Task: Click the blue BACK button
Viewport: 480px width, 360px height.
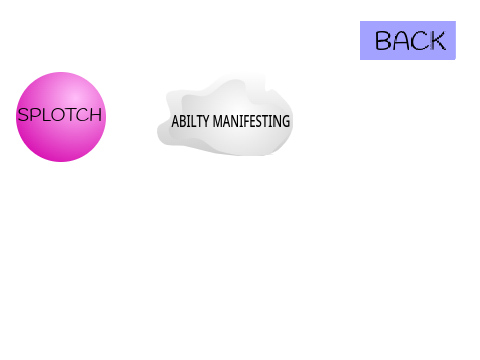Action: tap(408, 40)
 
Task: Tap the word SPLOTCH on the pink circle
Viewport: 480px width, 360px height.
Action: tap(60, 115)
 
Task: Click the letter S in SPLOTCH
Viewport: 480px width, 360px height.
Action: tap(23, 115)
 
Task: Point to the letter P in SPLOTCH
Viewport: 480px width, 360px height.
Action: tap(36, 115)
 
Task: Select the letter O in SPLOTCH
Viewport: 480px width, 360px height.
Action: tap(59, 115)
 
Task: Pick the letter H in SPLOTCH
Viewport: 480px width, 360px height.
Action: tap(96, 115)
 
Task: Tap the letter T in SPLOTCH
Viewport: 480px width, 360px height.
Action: tap(72, 115)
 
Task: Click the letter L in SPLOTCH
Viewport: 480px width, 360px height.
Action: tap(46, 115)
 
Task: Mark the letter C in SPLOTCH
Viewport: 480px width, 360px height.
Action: tap(83, 115)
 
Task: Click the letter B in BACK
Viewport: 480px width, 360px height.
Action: tap(383, 41)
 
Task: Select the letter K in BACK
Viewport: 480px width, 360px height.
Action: tap(437, 41)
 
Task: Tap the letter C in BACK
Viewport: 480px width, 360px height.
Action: tap(420, 41)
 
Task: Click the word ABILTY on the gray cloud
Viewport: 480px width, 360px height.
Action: tap(190, 121)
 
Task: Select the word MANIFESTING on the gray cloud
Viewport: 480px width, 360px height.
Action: tap(251, 121)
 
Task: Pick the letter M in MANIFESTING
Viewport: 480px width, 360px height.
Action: tap(218, 121)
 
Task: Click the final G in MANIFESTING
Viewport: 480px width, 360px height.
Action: tap(286, 121)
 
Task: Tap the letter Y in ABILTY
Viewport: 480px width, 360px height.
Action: tap(206, 121)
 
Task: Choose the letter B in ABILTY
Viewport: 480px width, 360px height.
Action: tap(182, 121)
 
